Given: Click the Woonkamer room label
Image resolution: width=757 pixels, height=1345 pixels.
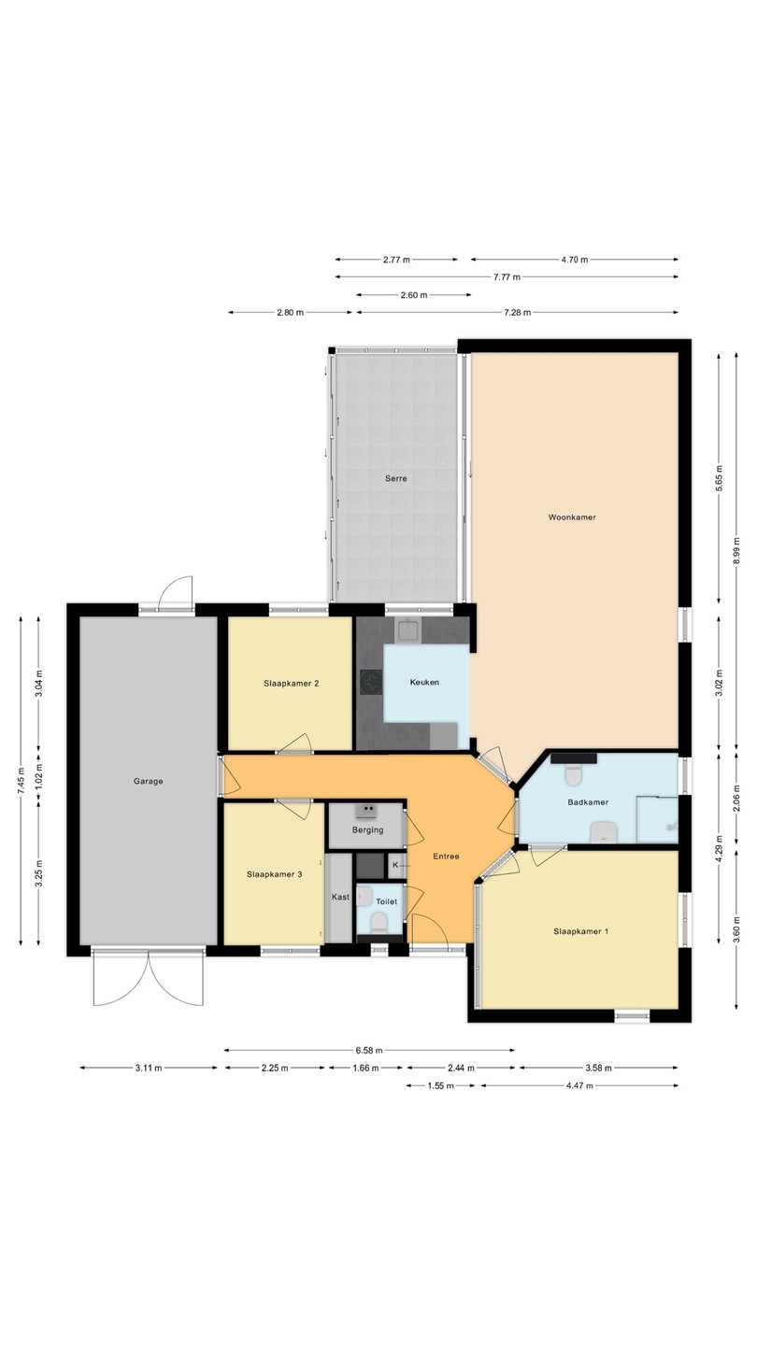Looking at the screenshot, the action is pyautogui.click(x=572, y=517).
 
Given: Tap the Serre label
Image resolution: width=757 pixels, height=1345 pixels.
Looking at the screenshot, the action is pyautogui.click(x=396, y=478).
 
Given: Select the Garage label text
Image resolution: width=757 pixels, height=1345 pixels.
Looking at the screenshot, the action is pyautogui.click(x=149, y=781).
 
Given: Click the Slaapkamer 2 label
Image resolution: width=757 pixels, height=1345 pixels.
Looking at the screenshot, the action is pyautogui.click(x=292, y=684).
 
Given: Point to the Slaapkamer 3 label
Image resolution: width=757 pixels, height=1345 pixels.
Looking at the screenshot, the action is pyautogui.click(x=275, y=874).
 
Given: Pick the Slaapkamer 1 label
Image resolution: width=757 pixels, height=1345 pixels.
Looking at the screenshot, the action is pyautogui.click(x=581, y=931).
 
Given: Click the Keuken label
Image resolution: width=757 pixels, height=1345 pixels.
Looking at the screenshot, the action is pyautogui.click(x=424, y=682).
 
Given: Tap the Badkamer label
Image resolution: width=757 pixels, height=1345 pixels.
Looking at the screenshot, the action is pyautogui.click(x=588, y=802).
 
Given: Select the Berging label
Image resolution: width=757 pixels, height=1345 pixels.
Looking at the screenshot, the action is pyautogui.click(x=367, y=829).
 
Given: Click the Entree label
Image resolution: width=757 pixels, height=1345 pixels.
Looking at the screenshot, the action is pyautogui.click(x=447, y=857).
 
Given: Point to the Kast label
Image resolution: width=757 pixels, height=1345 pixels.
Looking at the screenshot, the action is pyautogui.click(x=340, y=897).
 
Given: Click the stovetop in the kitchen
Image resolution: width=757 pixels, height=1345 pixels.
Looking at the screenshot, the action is pyautogui.click(x=371, y=682).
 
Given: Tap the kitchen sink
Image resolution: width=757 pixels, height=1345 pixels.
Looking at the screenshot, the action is pyautogui.click(x=409, y=630).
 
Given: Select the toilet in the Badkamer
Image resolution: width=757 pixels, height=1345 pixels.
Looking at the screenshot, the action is pyautogui.click(x=575, y=774).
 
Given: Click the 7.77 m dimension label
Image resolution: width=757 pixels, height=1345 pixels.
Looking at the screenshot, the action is pyautogui.click(x=507, y=277).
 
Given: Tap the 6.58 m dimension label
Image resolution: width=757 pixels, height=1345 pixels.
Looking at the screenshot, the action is pyautogui.click(x=369, y=1051).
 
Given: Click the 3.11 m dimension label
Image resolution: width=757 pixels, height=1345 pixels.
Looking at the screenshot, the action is pyautogui.click(x=149, y=1069).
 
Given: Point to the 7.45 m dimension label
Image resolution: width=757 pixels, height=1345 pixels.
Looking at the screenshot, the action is pyautogui.click(x=21, y=781).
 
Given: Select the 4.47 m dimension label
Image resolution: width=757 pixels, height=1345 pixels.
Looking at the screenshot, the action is pyautogui.click(x=579, y=1085).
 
